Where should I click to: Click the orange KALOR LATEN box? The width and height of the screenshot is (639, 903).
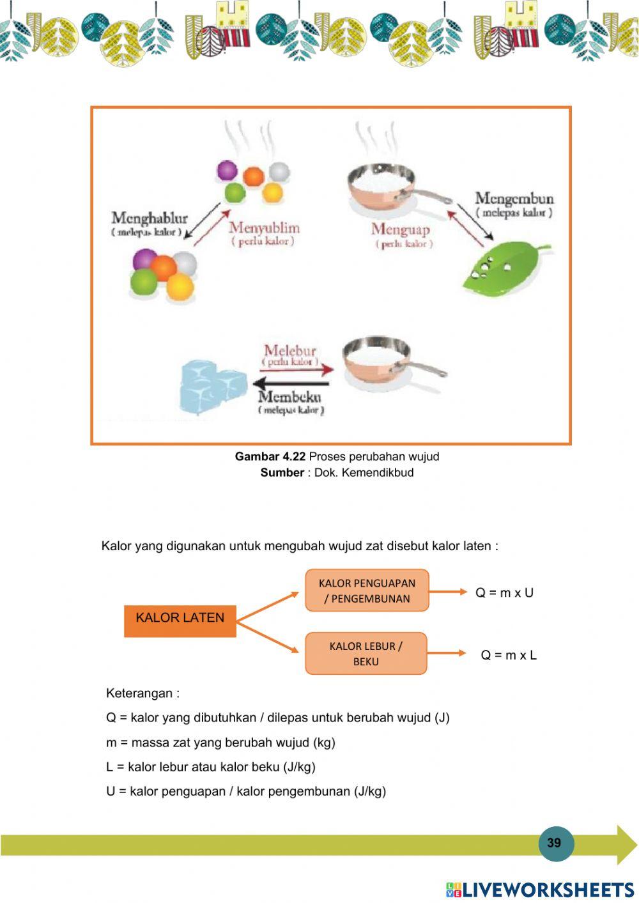coord(180,621)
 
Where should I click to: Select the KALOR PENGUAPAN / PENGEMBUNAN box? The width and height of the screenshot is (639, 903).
coord(367,590)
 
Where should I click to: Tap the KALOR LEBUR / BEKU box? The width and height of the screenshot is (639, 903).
coord(366,653)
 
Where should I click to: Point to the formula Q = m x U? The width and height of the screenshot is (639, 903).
coord(504,592)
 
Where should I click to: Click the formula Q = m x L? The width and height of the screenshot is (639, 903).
coord(509,655)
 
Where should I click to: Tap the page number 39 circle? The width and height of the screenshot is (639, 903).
coord(554,843)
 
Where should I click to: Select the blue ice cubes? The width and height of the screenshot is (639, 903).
coord(213,386)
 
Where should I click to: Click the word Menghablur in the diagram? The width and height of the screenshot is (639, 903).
coord(150,219)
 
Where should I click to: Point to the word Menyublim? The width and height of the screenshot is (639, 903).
coord(264,228)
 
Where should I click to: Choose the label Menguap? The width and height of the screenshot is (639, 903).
coord(401,229)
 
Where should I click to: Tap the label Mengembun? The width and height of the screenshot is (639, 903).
coord(514,199)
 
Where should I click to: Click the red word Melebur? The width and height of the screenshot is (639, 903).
coord(290,350)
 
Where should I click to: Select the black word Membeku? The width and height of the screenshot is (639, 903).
coord(289,396)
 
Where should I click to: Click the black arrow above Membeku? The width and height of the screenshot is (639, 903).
coord(291,383)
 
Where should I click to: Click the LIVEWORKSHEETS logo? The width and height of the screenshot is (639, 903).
coord(539,889)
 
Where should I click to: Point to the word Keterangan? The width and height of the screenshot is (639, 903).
coord(139,693)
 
